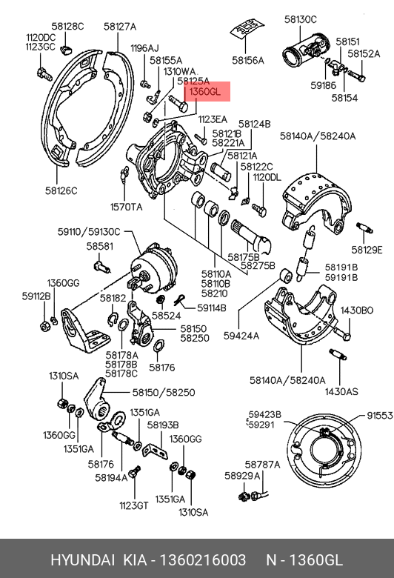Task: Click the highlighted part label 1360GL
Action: [205, 91]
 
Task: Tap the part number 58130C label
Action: [301, 19]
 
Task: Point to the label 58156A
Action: [248, 60]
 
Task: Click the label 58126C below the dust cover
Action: [61, 190]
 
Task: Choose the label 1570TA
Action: [126, 207]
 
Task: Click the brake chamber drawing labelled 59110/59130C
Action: [154, 268]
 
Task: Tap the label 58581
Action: [100, 246]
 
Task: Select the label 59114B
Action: [212, 308]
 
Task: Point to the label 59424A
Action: [241, 336]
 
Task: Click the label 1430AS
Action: [341, 391]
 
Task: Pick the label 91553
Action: [380, 416]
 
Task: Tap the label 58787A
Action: [262, 465]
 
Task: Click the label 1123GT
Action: [134, 505]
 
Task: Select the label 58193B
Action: [163, 425]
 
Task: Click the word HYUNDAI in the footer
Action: [82, 560]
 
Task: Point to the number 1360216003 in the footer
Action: [203, 560]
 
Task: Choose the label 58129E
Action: [367, 250]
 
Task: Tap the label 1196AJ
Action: [144, 48]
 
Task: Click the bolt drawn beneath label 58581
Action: [102, 266]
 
